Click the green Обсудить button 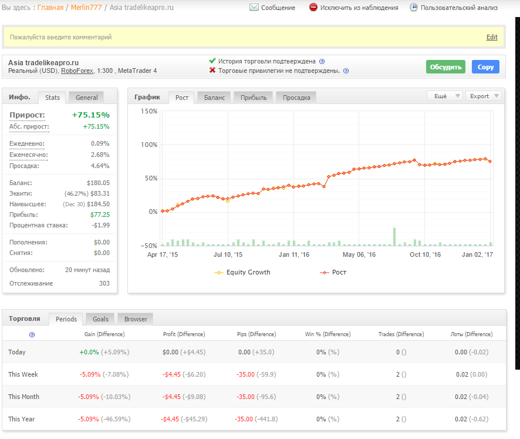pos(445,67)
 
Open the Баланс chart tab pos(214,98)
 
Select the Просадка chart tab pos(296,98)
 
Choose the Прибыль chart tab pos(254,98)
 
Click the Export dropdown pos(483,96)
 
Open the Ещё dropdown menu pos(444,96)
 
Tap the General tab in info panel pos(86,98)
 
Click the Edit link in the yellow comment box pos(492,37)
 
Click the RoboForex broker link pos(77,71)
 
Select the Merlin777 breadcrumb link pos(86,7)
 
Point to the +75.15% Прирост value pos(91,115)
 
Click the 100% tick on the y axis pos(149,145)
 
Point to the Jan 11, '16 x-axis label pos(294,254)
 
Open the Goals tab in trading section pos(100,319)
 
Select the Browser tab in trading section pos(136,319)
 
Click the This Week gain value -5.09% pos(90,374)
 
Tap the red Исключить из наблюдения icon pos(313,7)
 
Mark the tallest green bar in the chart pos(394,237)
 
